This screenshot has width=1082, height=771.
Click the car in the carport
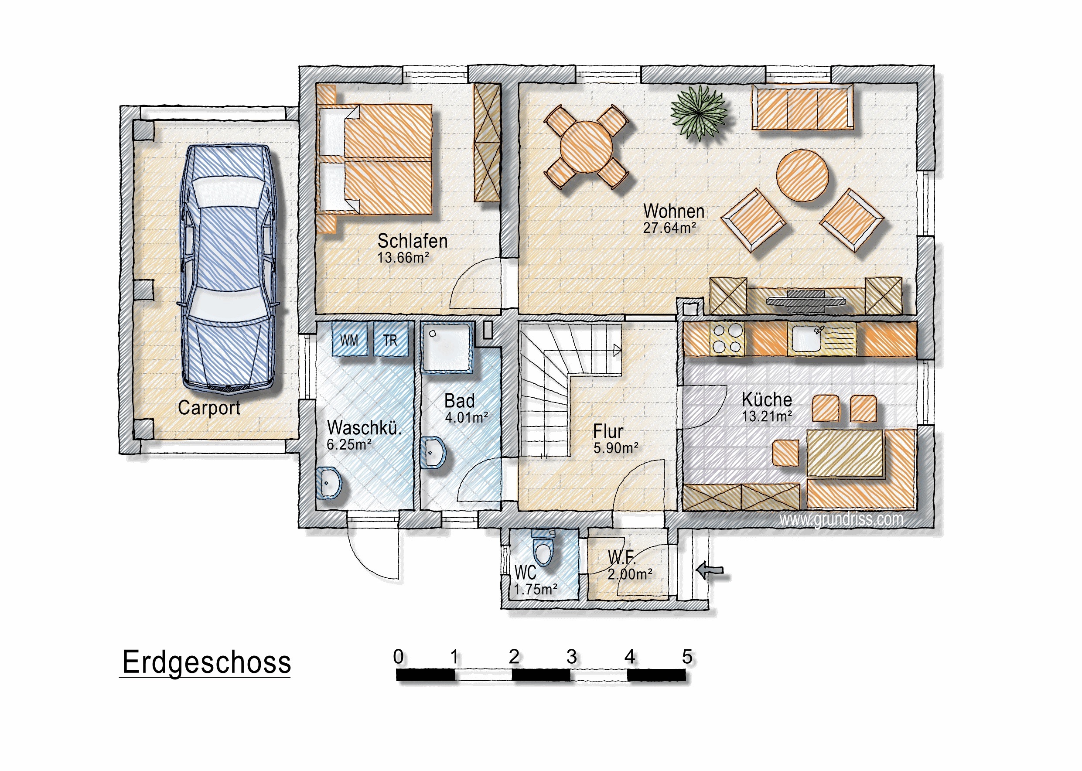tap(228, 268)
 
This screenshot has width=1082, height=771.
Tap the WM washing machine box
tap(349, 339)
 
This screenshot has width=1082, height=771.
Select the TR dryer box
tap(391, 339)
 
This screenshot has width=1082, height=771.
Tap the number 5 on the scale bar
tap(687, 657)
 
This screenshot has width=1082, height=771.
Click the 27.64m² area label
tap(669, 228)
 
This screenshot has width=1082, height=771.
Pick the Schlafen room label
tap(413, 241)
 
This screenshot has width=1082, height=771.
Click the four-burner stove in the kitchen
tap(727, 338)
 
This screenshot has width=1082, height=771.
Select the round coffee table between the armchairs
tap(802, 175)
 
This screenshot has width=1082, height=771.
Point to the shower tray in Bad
tap(446, 348)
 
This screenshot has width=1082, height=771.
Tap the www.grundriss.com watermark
tap(841, 519)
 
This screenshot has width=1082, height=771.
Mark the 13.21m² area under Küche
tap(767, 416)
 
